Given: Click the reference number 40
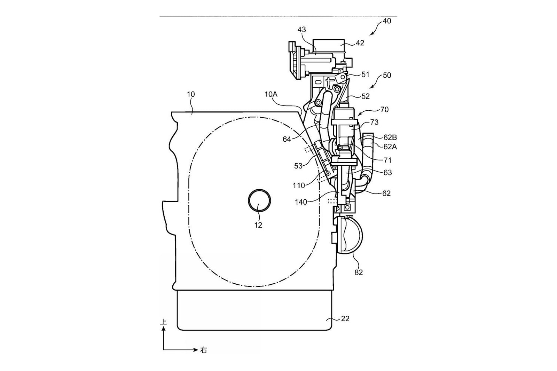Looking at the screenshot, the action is tap(387, 21).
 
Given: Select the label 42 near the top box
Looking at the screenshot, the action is tap(360, 43).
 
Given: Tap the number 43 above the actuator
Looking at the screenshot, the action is tap(301, 30).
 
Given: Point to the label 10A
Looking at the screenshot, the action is tap(271, 94).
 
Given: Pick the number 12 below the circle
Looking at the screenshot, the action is tap(258, 225).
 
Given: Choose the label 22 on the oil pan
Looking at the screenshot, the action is tap(345, 318).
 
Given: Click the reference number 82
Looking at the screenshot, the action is tap(359, 273).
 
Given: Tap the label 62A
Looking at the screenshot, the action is tap(390, 147).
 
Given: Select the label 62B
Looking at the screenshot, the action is tap(390, 137).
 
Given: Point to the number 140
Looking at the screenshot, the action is tap(301, 202).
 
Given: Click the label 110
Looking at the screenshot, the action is tap(299, 185).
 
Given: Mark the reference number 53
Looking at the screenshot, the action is tap(298, 166).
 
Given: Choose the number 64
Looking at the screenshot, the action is tap(287, 139).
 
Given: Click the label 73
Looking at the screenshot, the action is tap(374, 122).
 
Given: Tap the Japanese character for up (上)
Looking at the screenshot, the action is tap(163, 322).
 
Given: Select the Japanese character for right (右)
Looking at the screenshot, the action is tap(203, 350).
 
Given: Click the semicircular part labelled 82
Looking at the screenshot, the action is tap(353, 235).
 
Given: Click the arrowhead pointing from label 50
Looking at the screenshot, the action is tap(371, 87).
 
